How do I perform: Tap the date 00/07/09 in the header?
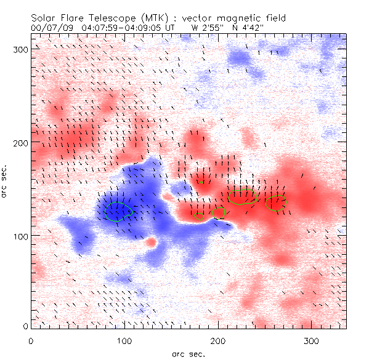(x=49, y=28)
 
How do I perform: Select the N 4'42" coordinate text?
(x=249, y=28)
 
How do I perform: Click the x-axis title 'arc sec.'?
(x=188, y=354)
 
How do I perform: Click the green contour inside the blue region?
(x=118, y=211)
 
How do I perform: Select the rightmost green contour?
(x=276, y=203)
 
